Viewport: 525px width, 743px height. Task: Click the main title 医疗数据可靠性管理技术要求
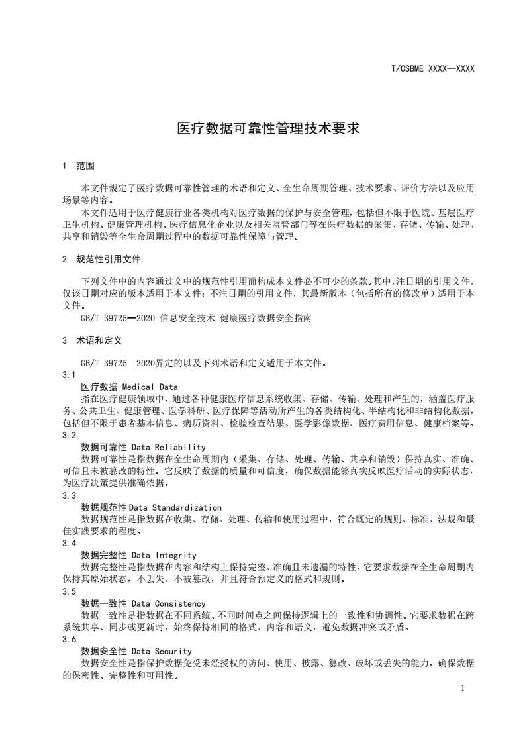(268, 128)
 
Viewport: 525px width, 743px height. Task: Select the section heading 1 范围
(78, 166)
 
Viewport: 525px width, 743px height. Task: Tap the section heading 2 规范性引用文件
(101, 259)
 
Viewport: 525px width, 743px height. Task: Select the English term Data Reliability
(169, 447)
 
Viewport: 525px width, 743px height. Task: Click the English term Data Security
(162, 652)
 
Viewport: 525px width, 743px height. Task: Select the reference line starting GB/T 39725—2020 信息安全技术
(196, 318)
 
